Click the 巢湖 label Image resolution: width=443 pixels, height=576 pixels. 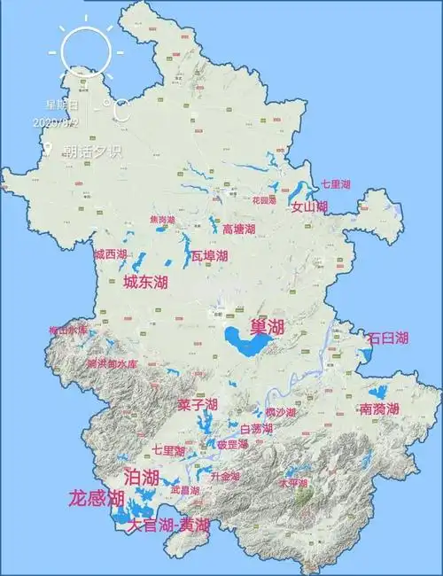click(268, 326)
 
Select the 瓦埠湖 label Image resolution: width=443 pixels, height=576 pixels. click(209, 256)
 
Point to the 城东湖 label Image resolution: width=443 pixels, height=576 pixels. click(145, 283)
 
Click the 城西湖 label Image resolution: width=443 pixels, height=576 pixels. click(111, 254)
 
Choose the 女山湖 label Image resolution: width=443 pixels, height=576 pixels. click(309, 207)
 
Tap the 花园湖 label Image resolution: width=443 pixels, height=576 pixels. click(265, 200)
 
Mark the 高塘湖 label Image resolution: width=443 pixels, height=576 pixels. click(238, 229)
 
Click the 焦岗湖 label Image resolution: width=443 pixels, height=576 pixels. click(162, 219)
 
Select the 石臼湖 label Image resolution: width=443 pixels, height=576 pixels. click(387, 339)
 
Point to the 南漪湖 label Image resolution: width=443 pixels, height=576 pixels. click(379, 409)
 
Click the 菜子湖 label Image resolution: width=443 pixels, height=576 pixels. click(197, 405)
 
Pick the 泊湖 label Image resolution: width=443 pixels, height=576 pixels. click(142, 478)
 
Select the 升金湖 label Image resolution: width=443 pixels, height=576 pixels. click(225, 476)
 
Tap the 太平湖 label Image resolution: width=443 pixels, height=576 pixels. click(293, 483)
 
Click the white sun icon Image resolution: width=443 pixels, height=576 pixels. click(86, 51)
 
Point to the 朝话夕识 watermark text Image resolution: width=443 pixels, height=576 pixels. click(91, 150)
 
